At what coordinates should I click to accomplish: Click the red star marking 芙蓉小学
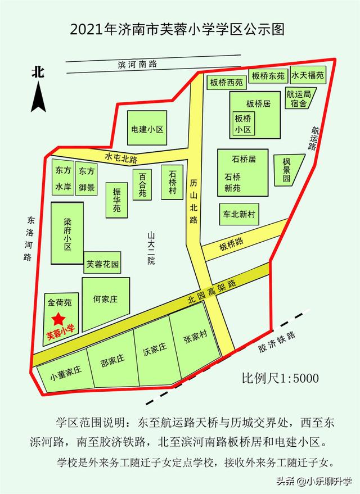[x=57, y=319]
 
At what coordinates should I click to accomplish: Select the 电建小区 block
[x=147, y=129]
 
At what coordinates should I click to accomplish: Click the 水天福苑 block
[x=308, y=75]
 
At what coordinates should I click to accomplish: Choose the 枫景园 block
[x=292, y=169]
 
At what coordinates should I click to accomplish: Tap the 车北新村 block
[x=237, y=214]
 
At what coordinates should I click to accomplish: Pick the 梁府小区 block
[x=67, y=234]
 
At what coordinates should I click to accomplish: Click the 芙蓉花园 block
[x=102, y=264]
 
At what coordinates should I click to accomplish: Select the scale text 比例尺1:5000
[x=280, y=378]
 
